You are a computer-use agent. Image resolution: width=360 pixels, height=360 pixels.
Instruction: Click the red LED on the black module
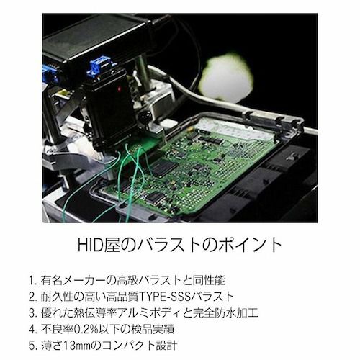point(119,89)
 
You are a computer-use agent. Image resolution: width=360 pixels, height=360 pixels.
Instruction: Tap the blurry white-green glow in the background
point(227,77)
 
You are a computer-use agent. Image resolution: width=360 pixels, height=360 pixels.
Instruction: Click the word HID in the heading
point(90,245)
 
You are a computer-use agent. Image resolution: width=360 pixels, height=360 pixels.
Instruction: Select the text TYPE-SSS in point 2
point(164,297)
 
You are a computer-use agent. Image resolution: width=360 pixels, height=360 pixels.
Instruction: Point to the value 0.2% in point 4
point(86,329)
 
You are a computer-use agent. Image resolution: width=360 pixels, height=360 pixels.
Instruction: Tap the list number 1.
point(32,281)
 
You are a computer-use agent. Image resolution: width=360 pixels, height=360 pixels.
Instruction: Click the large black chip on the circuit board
point(165,167)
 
